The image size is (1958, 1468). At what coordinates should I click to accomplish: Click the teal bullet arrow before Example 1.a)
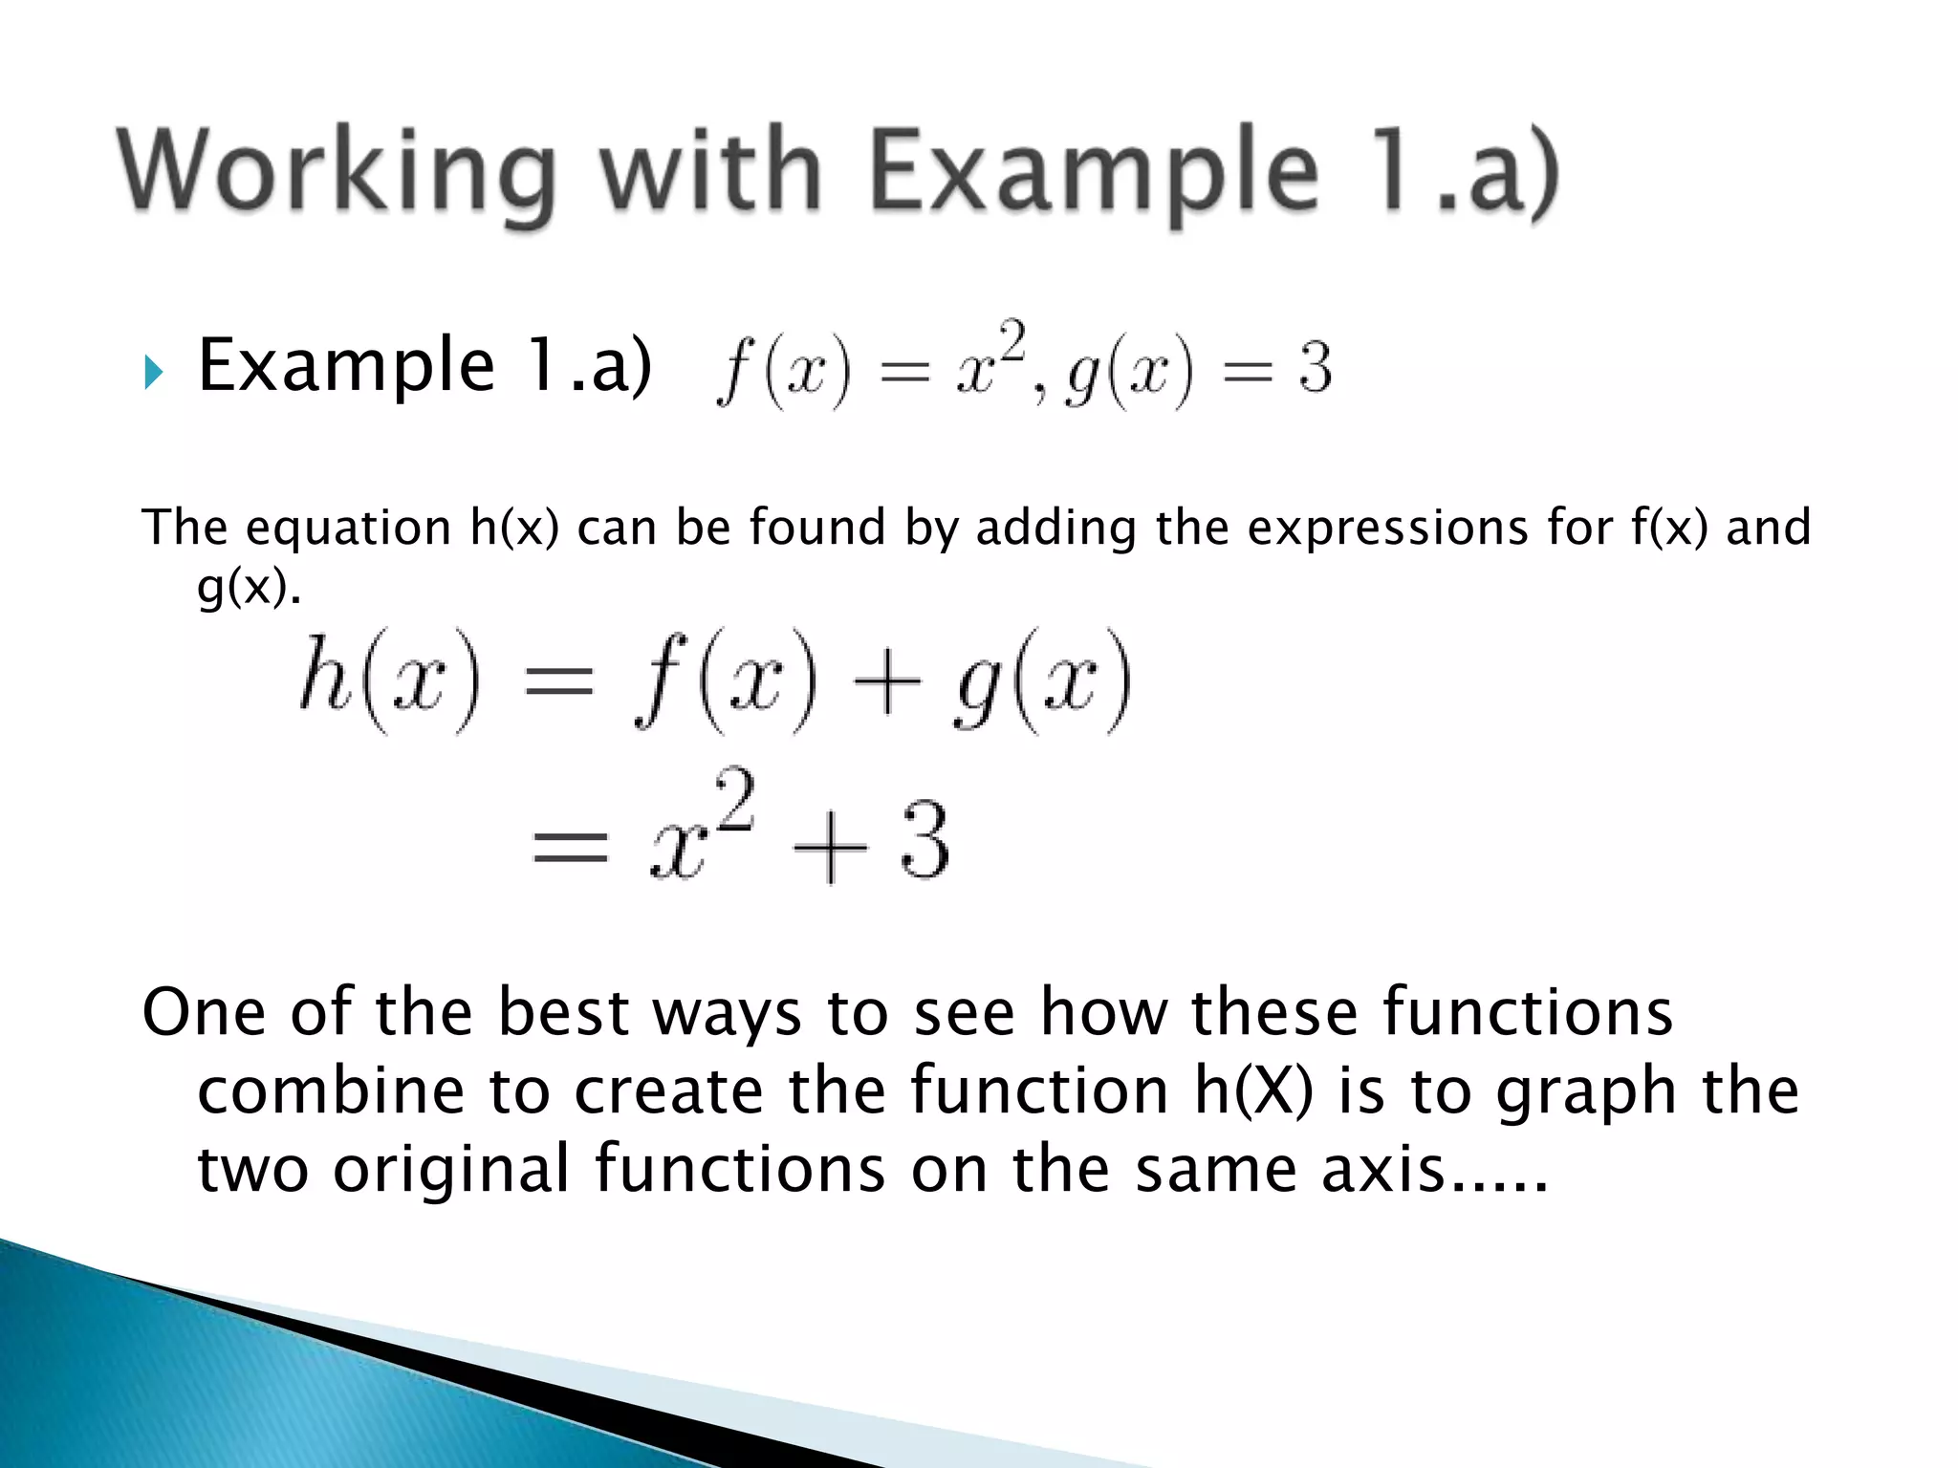(154, 373)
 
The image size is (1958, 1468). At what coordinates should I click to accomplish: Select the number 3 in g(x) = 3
(1315, 369)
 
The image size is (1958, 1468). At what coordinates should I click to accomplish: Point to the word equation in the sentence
(348, 529)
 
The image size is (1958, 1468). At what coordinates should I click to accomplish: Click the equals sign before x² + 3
(570, 846)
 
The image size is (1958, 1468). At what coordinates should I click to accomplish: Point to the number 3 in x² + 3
(924, 842)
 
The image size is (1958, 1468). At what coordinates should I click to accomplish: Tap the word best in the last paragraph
(563, 1013)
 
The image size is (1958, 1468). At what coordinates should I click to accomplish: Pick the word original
(451, 1170)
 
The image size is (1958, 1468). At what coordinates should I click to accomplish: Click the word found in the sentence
(817, 529)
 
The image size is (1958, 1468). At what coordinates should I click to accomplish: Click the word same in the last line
(1217, 1170)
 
